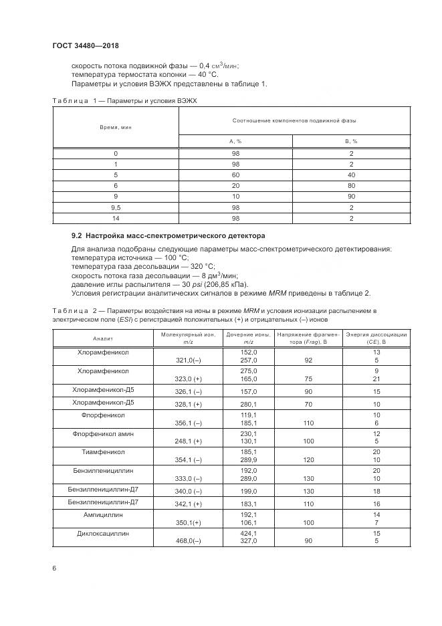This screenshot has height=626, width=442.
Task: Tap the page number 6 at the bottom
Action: [54, 568]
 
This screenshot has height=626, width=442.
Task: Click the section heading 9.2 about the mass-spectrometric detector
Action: [168, 235]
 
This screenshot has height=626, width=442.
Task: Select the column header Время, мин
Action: [116, 126]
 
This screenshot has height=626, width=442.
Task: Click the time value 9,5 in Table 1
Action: [116, 208]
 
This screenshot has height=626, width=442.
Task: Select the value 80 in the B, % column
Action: [351, 185]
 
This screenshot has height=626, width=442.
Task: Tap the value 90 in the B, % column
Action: [351, 197]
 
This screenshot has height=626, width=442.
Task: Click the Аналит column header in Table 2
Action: [103, 338]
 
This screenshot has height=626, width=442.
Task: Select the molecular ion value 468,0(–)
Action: [188, 541]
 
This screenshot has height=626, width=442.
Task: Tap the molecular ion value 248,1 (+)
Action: [188, 441]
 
